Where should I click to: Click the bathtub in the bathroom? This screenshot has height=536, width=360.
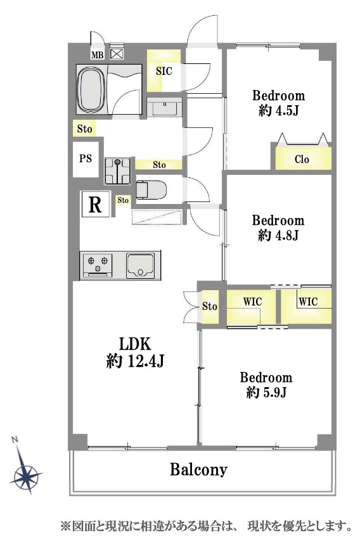point(91,89)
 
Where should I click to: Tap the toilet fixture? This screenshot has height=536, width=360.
point(151,189)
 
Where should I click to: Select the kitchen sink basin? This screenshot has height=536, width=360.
point(140,265)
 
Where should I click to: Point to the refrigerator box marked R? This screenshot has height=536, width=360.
point(95,204)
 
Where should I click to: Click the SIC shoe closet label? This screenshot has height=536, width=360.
point(164,71)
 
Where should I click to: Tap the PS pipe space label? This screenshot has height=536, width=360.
point(86,158)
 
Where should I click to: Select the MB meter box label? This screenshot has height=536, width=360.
point(98,55)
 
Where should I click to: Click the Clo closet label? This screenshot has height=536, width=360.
point(302,159)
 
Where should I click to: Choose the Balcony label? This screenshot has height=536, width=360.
point(198,469)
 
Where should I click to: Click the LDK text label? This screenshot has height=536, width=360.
point(135,343)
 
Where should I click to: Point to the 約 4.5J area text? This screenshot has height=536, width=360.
point(279,110)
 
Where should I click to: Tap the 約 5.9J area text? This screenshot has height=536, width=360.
point(266,392)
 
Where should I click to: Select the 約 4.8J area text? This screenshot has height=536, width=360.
point(278,235)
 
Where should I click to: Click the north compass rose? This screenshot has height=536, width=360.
point(25,470)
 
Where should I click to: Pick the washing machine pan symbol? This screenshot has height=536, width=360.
point(118,171)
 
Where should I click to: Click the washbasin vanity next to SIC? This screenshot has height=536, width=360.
point(164,107)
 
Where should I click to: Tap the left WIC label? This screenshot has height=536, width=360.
point(252,302)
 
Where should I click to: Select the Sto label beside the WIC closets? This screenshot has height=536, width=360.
point(210,306)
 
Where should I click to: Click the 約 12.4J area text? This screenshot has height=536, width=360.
point(136,361)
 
